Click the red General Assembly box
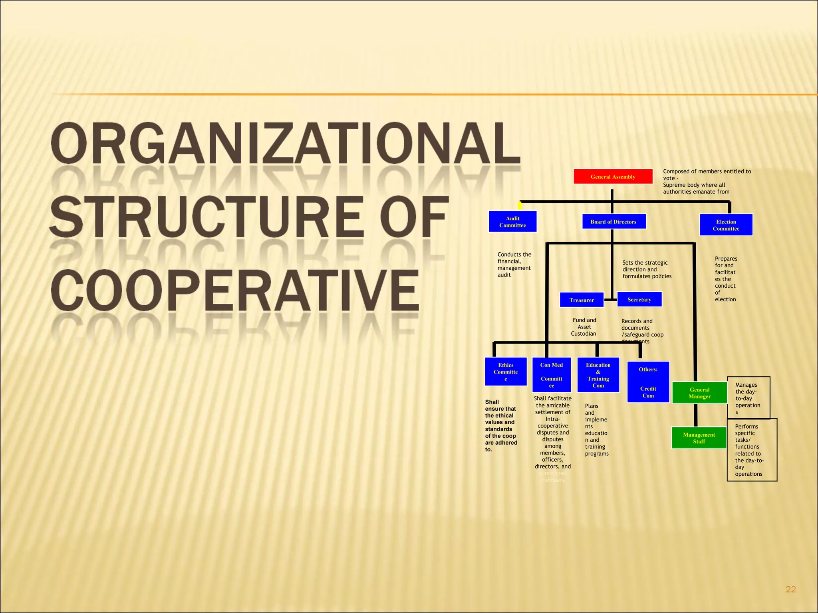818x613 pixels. (x=613, y=176)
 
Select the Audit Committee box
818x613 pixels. (x=512, y=221)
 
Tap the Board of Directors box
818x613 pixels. (x=613, y=221)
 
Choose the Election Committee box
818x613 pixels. (x=726, y=225)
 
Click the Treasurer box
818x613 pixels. (x=581, y=300)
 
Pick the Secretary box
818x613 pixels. (x=639, y=299)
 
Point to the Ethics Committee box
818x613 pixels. (x=506, y=372)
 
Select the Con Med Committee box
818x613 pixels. (x=551, y=375)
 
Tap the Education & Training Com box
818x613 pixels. (x=598, y=375)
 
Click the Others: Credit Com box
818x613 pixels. (x=648, y=382)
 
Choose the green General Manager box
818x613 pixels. (x=699, y=393)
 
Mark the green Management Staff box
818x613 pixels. (x=699, y=438)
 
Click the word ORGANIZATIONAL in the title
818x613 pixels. (x=285, y=144)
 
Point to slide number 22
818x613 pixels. (x=790, y=589)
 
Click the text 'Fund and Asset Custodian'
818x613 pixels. (x=584, y=327)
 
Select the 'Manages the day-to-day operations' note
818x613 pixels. (x=748, y=398)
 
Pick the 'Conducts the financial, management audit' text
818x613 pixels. (x=514, y=265)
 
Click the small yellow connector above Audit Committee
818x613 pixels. (x=520, y=206)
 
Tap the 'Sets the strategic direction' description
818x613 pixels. (x=647, y=269)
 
